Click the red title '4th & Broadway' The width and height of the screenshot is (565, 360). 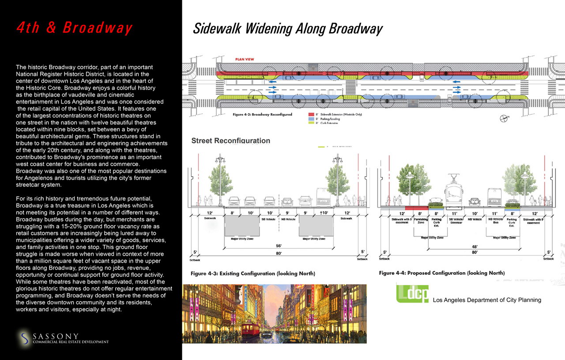[x=74, y=28]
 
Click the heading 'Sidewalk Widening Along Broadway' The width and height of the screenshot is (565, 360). [x=287, y=29]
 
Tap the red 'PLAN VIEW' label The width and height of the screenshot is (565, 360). [x=244, y=59]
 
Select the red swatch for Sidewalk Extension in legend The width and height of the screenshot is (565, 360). [x=311, y=114]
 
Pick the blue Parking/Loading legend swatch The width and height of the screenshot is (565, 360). [x=311, y=119]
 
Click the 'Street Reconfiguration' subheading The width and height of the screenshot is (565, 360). [x=230, y=141]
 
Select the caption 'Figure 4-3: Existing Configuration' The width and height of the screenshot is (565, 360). [x=252, y=273]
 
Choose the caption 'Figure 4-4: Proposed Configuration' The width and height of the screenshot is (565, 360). [x=441, y=273]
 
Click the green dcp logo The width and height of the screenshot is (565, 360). [x=412, y=293]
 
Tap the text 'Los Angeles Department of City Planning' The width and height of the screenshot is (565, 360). [x=487, y=300]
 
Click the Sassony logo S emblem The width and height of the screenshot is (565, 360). [x=25, y=339]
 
